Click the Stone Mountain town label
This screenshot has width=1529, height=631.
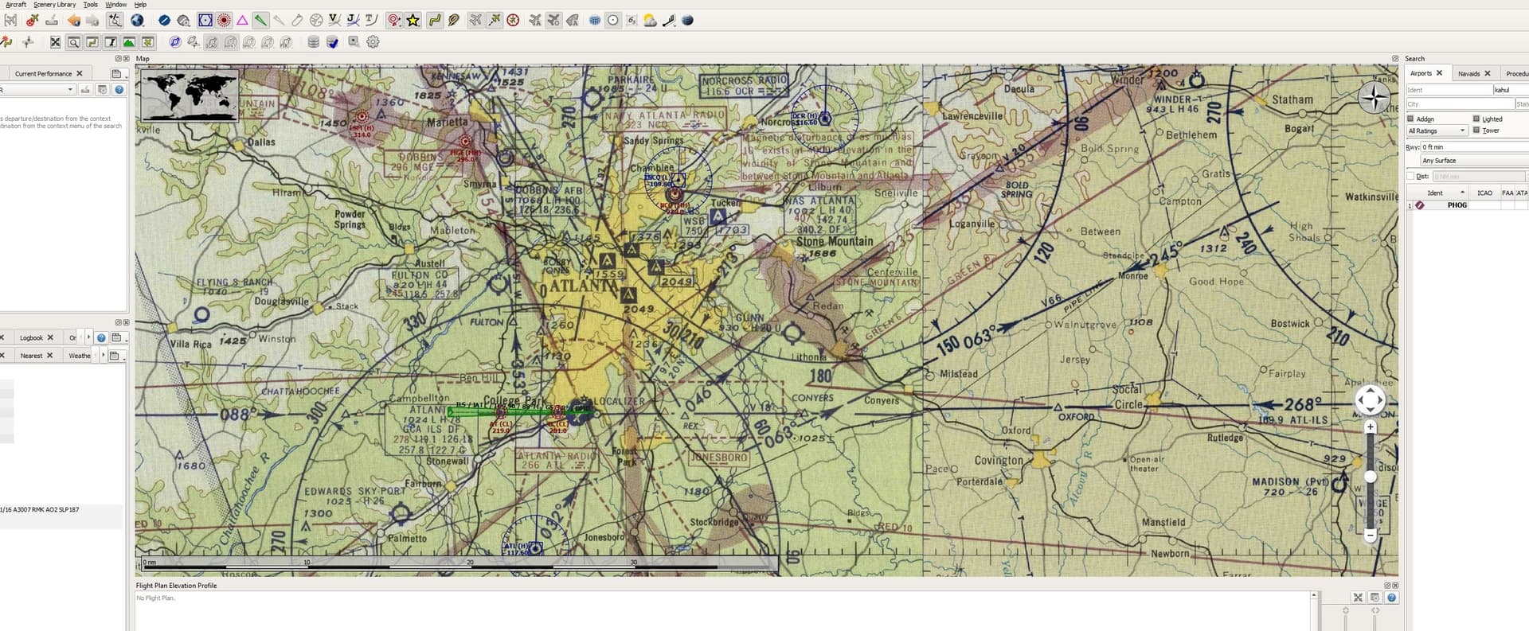[x=834, y=241]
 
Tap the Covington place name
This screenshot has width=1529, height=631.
[x=999, y=460]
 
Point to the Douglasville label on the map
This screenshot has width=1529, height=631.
[x=281, y=302]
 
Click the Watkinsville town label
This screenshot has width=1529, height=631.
[x=1371, y=197]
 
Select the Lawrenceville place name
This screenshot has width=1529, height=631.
[x=972, y=116]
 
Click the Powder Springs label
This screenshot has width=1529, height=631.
[x=350, y=219]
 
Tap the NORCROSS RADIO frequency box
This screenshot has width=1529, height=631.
[x=744, y=85]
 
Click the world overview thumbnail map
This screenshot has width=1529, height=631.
[x=190, y=95]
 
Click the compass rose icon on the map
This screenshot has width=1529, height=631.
[x=1374, y=99]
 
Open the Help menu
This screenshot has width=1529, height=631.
[x=140, y=5]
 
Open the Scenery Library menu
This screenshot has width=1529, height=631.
[x=54, y=5]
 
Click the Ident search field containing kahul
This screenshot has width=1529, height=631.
[x=1509, y=90]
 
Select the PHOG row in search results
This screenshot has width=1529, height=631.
[x=1457, y=205]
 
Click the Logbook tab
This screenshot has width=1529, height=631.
[x=31, y=337]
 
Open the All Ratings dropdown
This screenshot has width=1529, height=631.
[x=1437, y=130]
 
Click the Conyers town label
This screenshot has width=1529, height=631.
[x=882, y=400]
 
